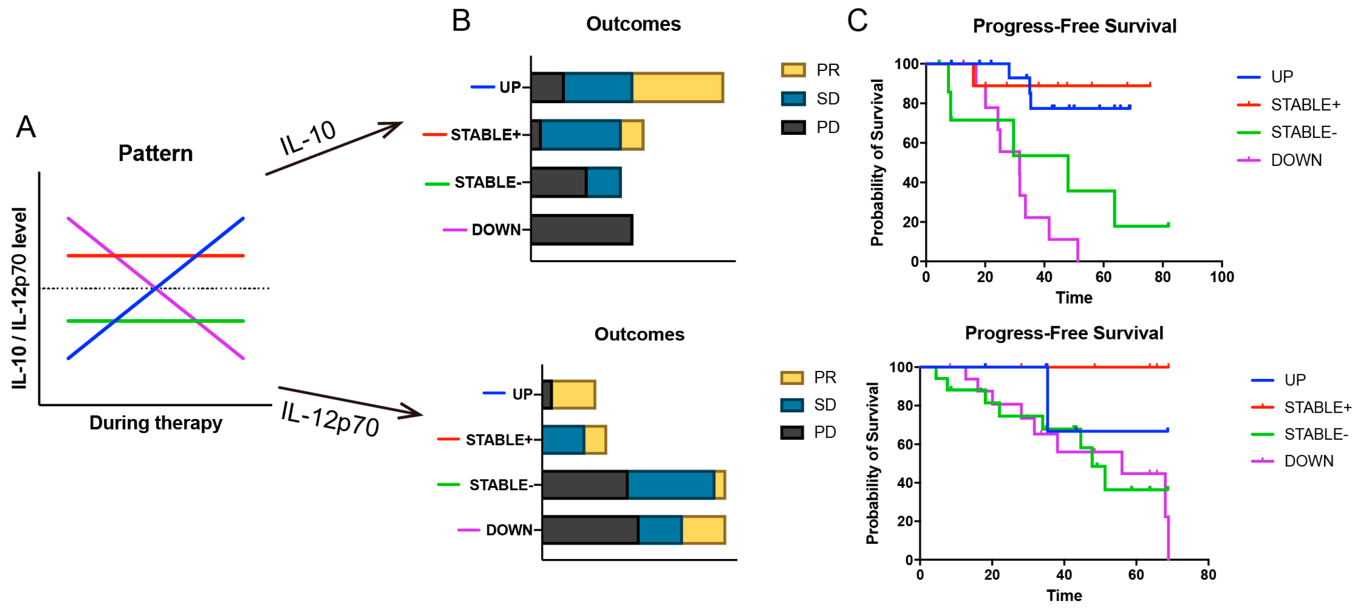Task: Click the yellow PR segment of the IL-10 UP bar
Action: point(678,88)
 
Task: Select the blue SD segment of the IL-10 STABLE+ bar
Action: point(581,135)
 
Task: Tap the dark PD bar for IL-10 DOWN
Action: point(581,230)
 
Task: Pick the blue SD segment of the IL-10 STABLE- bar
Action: point(604,182)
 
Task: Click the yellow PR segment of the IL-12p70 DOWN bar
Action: point(703,529)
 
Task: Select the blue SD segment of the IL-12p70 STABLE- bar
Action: point(670,485)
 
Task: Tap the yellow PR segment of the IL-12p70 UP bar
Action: point(574,394)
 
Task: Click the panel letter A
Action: point(26,128)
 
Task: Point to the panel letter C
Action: point(857,21)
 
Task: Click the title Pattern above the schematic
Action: point(155,153)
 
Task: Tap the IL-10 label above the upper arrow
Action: point(308,138)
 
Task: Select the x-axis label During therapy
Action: point(155,423)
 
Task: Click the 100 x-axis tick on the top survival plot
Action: point(1221,277)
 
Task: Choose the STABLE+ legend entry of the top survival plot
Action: point(1304,105)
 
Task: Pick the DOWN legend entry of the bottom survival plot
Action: point(1308,461)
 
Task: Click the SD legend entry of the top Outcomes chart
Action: point(827,99)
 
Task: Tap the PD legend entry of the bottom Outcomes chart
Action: point(825,432)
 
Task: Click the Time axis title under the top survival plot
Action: point(1074,298)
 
